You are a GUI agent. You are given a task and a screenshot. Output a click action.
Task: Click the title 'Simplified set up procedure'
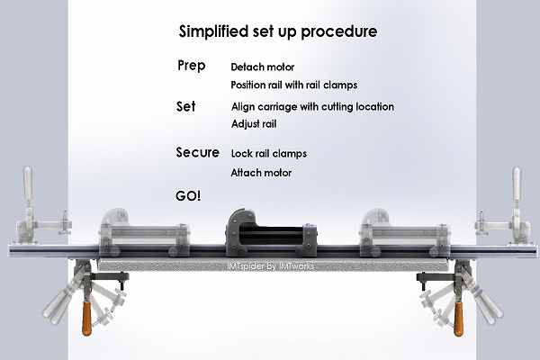(x=276, y=31)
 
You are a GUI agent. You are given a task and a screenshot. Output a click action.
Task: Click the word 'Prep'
(x=192, y=67)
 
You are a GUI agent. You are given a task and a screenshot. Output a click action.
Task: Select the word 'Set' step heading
(x=186, y=106)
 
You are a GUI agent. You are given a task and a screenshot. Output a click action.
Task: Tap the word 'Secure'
(x=197, y=152)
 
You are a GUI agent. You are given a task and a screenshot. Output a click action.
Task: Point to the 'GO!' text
(x=189, y=194)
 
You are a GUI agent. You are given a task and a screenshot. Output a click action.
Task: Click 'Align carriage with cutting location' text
(x=312, y=107)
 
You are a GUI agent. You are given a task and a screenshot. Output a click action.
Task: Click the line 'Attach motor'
(x=261, y=172)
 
